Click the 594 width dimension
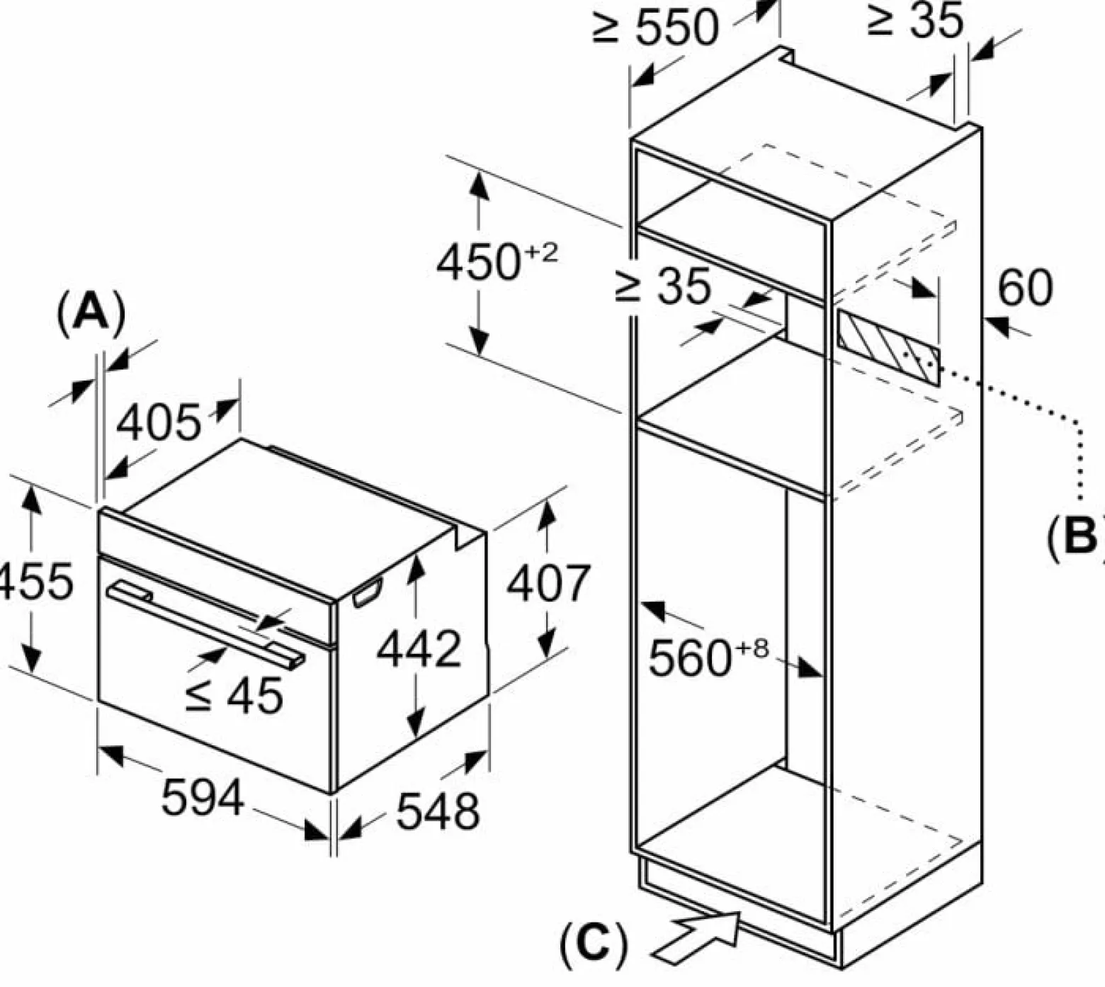pos(203,797)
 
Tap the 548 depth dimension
pos(438,811)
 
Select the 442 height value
pos(419,648)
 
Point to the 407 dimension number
pos(548,583)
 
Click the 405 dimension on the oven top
pos(159,423)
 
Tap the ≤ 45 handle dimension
pos(234,694)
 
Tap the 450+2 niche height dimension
pos(497,261)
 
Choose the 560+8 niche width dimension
pos(708,656)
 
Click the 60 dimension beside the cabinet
pos(1025,288)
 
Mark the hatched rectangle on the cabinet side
pos(888,346)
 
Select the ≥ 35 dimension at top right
pos(914,21)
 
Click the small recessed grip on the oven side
pos(368,592)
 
